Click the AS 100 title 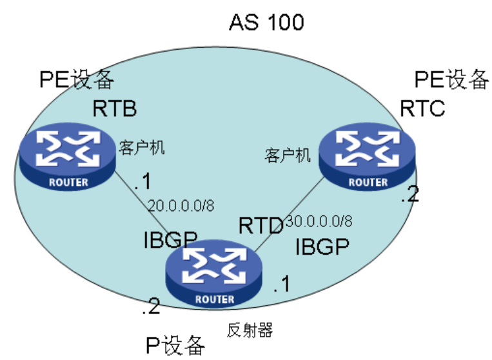266,23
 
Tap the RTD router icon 215,274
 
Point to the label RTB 114,108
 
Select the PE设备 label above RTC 451,79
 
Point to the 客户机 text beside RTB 142,148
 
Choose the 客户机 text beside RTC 288,155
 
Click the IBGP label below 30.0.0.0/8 322,248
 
